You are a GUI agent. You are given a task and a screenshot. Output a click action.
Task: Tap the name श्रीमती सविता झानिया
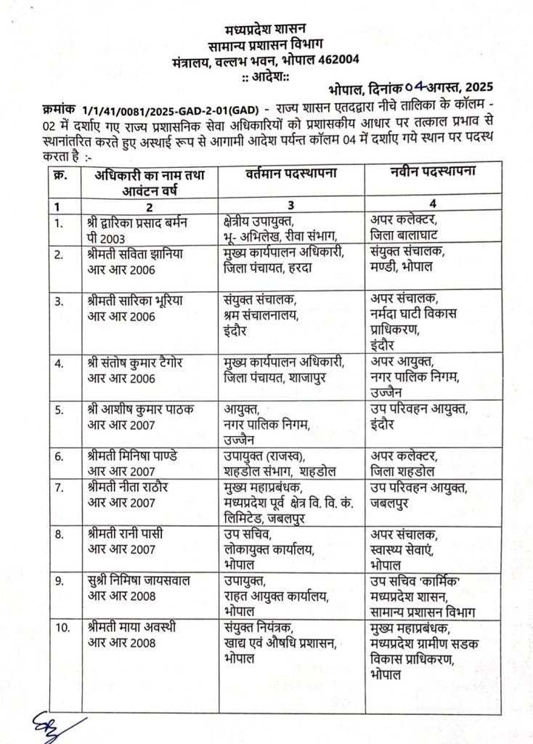pyautogui.click(x=137, y=252)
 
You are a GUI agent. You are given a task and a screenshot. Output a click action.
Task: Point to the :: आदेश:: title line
pyautogui.click(x=266, y=78)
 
